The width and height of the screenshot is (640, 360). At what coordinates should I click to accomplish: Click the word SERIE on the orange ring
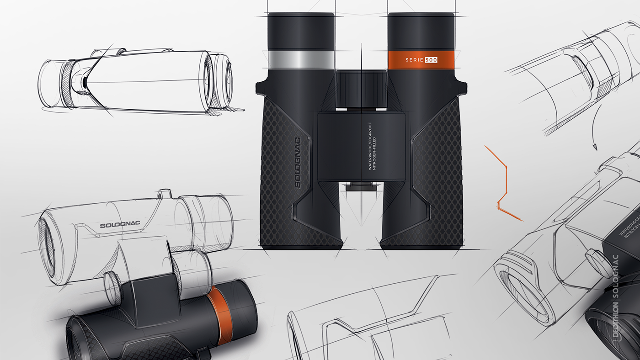coord(414,60)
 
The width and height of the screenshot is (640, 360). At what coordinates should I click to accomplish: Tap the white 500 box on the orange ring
coord(431,60)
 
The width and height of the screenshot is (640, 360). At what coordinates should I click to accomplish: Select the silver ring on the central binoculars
coord(301,60)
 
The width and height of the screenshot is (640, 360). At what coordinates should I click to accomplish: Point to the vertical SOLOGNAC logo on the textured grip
coord(298,163)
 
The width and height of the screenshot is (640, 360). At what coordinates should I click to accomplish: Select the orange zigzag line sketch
coord(503,183)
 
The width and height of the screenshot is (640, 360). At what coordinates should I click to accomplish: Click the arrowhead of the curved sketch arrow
coord(595,147)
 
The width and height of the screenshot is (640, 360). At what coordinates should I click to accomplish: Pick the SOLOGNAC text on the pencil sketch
coord(120,225)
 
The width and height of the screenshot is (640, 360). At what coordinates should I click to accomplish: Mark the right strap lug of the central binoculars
coord(462,87)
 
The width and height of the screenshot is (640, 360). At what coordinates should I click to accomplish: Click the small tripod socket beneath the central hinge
coord(361,185)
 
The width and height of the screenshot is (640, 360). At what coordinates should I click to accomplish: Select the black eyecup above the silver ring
coord(301,31)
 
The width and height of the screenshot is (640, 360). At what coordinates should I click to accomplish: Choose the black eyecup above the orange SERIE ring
coord(421,31)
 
